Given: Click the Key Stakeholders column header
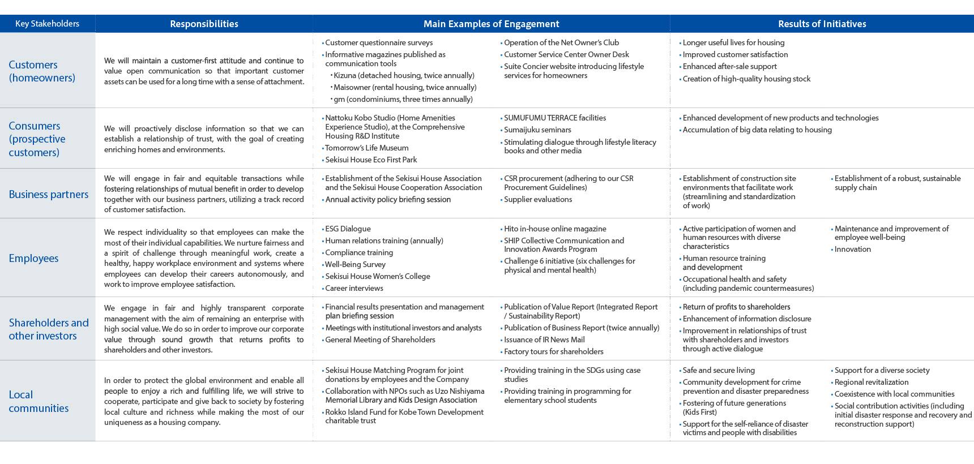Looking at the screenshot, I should click(47, 24).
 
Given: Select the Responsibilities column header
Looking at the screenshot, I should click(204, 24).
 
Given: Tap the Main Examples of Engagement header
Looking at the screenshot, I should click(491, 24).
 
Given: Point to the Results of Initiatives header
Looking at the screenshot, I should click(822, 24).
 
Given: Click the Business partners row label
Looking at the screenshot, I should click(49, 194).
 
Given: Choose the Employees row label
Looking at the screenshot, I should click(33, 258).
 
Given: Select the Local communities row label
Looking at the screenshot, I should click(39, 401).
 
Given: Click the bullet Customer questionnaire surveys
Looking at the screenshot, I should click(378, 42).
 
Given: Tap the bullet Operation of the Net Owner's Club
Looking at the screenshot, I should click(561, 42).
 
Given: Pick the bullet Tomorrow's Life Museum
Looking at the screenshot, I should click(366, 148).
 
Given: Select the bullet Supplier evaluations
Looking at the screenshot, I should click(537, 199).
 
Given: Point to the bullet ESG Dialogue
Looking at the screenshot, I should click(348, 229).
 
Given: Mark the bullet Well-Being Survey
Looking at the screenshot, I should click(355, 264).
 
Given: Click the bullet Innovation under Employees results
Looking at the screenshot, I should click(852, 249).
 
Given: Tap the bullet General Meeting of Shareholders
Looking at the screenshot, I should click(380, 340).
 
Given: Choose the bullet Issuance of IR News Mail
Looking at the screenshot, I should click(544, 340).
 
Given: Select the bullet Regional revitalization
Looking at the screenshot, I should click(871, 382).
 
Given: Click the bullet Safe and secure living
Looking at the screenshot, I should click(718, 370).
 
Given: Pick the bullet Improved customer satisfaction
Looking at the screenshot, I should click(735, 54).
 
